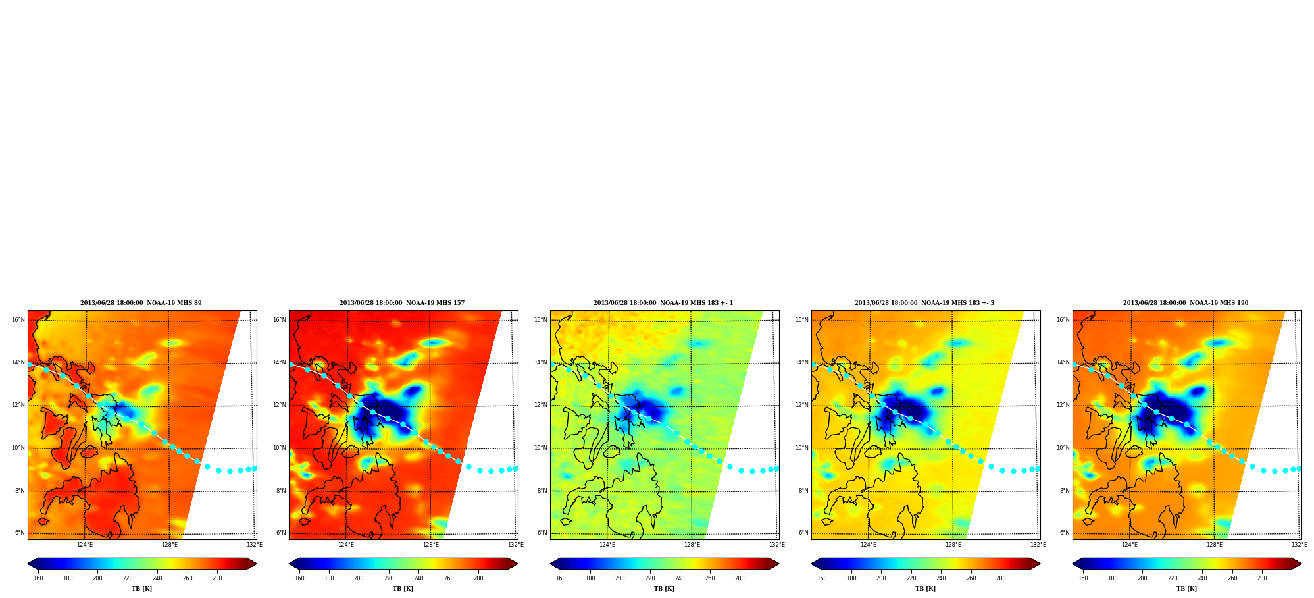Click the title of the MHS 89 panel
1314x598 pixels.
pyautogui.click(x=141, y=303)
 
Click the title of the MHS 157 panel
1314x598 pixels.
pyautogui.click(x=402, y=303)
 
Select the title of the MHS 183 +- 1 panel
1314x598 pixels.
pyautogui.click(x=663, y=303)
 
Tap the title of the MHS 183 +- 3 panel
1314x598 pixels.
pyautogui.click(x=924, y=303)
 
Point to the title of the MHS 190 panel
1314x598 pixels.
pyautogui.click(x=1186, y=303)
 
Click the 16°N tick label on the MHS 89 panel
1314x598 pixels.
pyautogui.click(x=18, y=321)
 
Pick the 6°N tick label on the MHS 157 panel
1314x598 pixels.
pyautogui.click(x=281, y=533)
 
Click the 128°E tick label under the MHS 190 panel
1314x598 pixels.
pyautogui.click(x=1215, y=545)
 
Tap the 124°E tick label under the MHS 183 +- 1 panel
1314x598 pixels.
pyautogui.click(x=607, y=545)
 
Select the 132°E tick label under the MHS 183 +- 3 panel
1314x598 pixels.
pyautogui.click(x=1038, y=545)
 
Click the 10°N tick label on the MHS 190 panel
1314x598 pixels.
pyautogui.click(x=1063, y=448)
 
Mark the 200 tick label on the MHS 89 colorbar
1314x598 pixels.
pyautogui.click(x=97, y=578)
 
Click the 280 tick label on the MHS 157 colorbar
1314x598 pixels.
pyautogui.click(x=478, y=578)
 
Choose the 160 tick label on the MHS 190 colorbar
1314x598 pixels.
pyautogui.click(x=1083, y=578)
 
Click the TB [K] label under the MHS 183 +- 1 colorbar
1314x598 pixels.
pyautogui.click(x=664, y=589)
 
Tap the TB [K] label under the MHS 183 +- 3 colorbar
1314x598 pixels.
pyautogui.click(x=925, y=589)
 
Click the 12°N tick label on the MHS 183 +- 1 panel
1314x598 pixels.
pyautogui.click(x=541, y=406)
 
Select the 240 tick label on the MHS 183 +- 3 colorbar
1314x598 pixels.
pyautogui.click(x=941, y=578)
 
